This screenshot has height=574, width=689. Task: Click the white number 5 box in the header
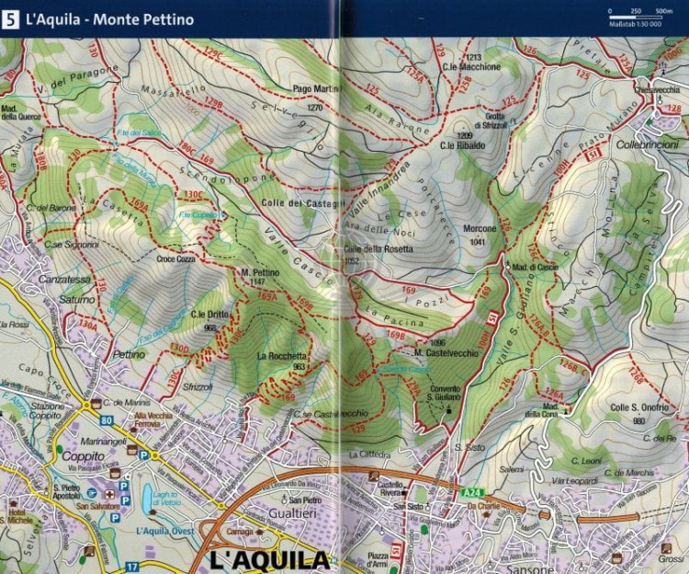click(x=11, y=18)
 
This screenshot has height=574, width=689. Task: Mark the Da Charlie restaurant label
click(x=485, y=506)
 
